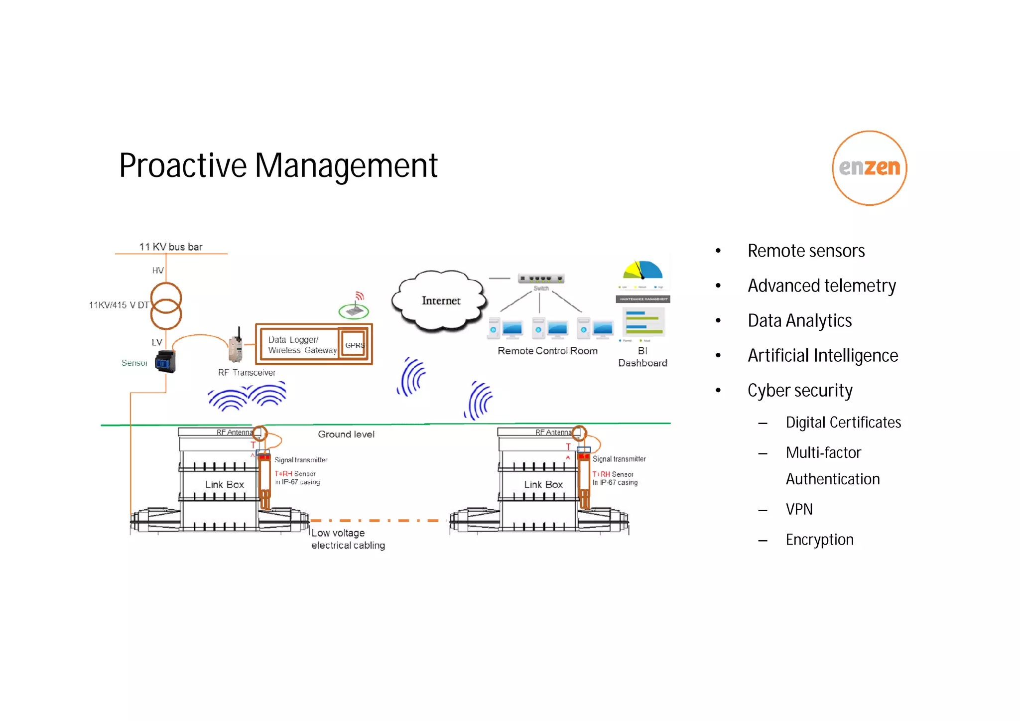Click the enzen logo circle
[x=869, y=168]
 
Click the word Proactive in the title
[x=183, y=166]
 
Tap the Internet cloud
[x=440, y=300]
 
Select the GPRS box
[x=354, y=345]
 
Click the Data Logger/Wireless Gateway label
[x=301, y=345]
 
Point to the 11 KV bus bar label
[x=170, y=247]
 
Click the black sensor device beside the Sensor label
[x=165, y=361]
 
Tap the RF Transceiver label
[x=247, y=372]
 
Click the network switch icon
[x=540, y=279]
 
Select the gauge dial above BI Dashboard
[x=642, y=271]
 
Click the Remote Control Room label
[x=547, y=351]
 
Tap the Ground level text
[x=346, y=434]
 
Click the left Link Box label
[x=224, y=484]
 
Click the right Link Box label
[x=543, y=484]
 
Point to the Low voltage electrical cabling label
[x=348, y=539]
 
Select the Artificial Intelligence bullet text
[x=822, y=355]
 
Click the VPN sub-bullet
[x=799, y=509]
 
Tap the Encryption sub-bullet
[x=819, y=540]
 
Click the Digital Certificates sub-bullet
[x=843, y=423]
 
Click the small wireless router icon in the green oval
[x=354, y=311]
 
